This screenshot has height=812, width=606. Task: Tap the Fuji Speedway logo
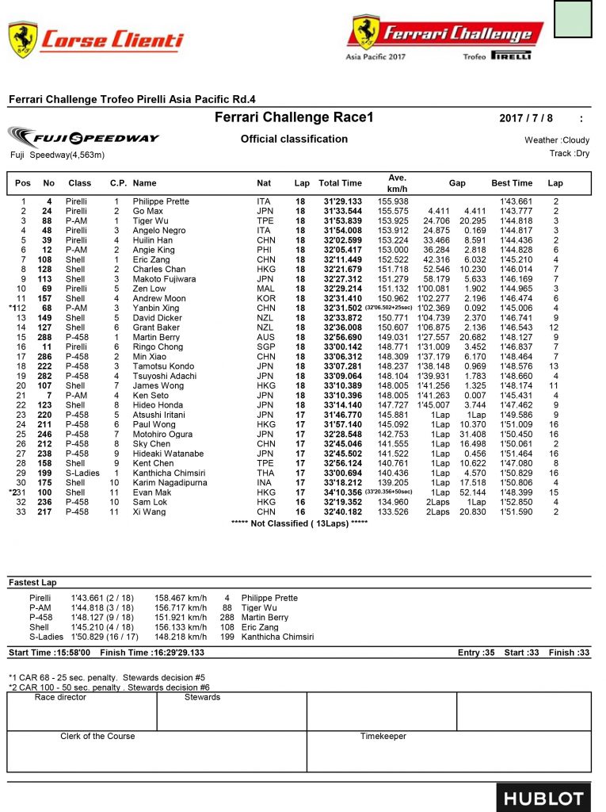84,137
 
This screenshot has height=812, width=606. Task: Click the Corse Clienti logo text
112,39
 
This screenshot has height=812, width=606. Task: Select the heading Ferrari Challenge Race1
294,118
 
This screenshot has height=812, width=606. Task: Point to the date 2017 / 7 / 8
525,119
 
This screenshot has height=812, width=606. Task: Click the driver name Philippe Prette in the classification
161,201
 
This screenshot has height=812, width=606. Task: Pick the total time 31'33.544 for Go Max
342,211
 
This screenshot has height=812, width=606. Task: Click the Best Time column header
512,183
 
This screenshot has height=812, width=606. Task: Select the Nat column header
264,183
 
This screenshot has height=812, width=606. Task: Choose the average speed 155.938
393,201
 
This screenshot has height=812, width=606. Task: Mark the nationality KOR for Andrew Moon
264,298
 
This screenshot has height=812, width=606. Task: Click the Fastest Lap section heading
33,583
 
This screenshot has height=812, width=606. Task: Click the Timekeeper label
383,736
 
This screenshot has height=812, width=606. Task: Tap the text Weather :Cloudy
551,140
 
